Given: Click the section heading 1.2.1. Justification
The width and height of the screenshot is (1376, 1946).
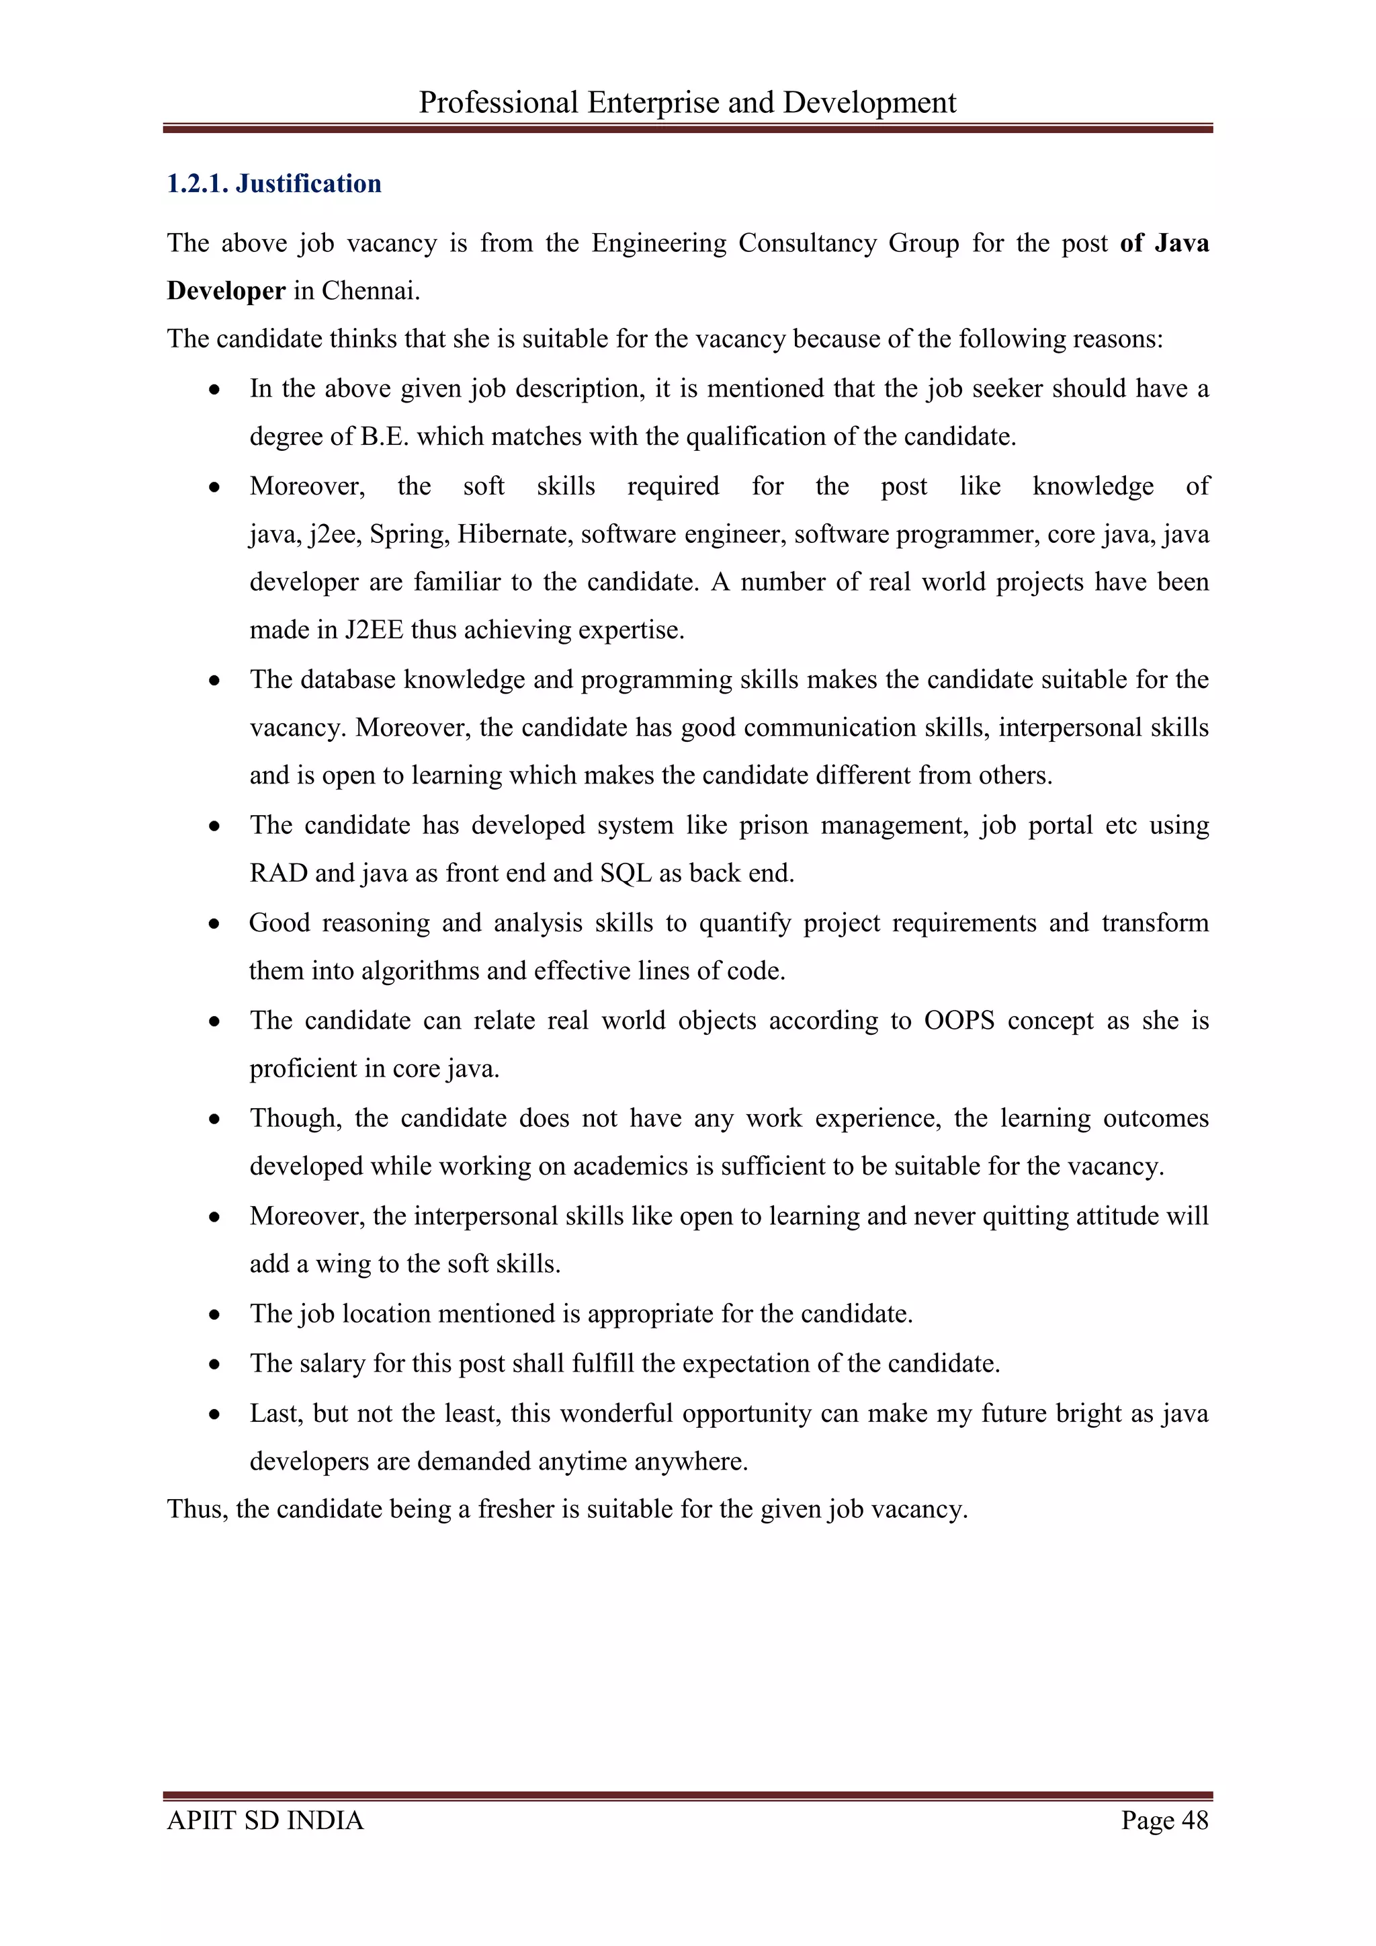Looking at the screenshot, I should [273, 184].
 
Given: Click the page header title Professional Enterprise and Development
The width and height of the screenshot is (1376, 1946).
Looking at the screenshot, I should [687, 103].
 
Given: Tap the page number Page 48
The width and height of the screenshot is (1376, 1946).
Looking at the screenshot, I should [1164, 1820].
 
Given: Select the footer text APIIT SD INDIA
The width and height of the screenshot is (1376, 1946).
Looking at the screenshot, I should [265, 1820].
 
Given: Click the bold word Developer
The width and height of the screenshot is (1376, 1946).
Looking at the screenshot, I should [225, 291].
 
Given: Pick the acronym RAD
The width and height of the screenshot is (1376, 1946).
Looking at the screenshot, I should [278, 873].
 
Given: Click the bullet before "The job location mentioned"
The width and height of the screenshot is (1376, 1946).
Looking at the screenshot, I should [215, 1314].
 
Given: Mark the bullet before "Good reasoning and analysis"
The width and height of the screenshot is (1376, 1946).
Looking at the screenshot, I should [215, 924].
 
